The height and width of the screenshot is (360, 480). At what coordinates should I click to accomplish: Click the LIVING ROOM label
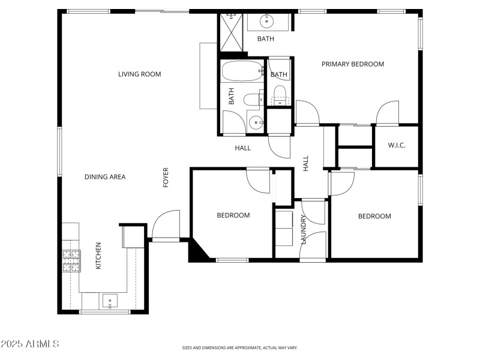pos(139,74)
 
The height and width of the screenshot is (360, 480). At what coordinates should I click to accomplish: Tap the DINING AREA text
pos(105,177)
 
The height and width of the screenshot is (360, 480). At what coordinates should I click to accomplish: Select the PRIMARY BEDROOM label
pos(352,64)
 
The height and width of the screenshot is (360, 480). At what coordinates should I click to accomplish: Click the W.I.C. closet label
pos(397,145)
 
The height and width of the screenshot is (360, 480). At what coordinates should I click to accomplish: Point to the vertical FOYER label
pos(166,178)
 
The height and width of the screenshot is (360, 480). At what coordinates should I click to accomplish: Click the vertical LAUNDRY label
pos(304,230)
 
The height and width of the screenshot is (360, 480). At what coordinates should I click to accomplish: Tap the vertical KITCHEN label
pos(98,255)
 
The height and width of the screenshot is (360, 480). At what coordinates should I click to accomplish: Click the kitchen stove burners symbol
pos(71,261)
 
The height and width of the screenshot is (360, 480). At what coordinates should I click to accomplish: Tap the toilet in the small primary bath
pos(279,94)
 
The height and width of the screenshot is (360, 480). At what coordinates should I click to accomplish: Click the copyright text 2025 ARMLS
pos(30,344)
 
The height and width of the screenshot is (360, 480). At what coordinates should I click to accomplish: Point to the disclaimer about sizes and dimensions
pos(240,347)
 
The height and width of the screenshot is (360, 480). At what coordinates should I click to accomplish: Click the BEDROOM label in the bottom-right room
pos(374,217)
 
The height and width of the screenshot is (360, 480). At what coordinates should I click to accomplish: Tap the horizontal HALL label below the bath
pos(242,148)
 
